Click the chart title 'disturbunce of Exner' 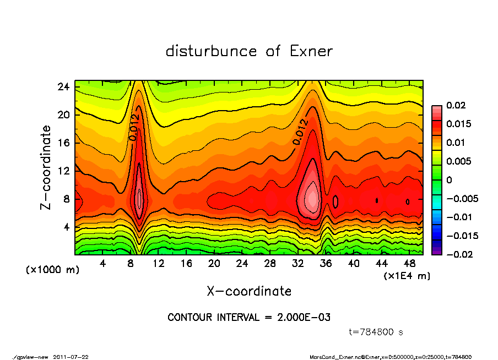[x=249, y=51]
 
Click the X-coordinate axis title [x=249, y=291]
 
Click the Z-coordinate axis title [x=46, y=167]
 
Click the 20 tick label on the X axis [x=214, y=264]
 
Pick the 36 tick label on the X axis [x=326, y=264]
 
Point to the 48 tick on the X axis [x=409, y=264]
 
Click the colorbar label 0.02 [x=456, y=105]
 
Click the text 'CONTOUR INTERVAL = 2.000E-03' [x=249, y=318]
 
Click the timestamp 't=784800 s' [x=377, y=332]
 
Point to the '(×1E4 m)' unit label [x=407, y=275]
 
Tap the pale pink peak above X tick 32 [x=312, y=194]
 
